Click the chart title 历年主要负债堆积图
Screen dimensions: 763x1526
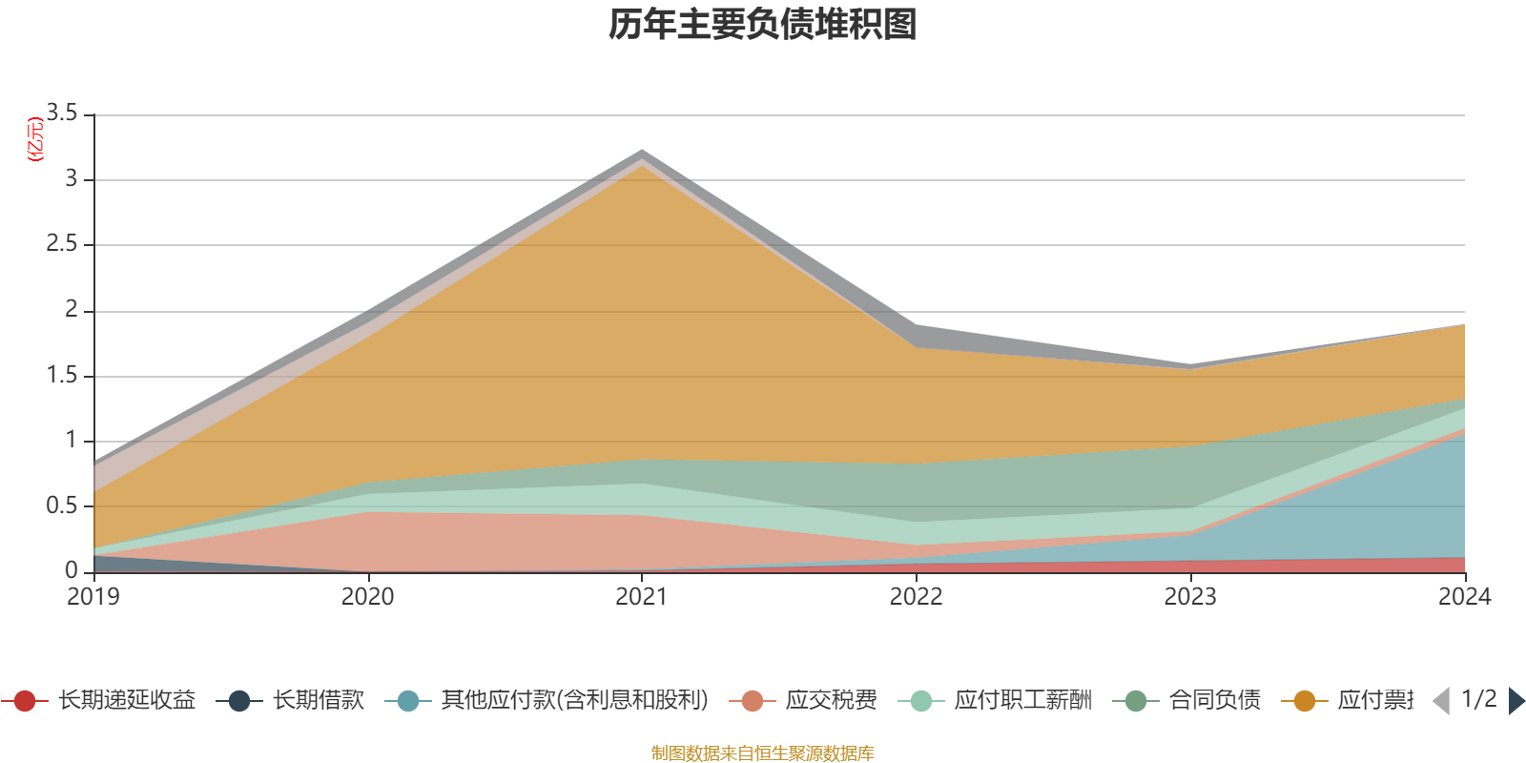tap(763, 25)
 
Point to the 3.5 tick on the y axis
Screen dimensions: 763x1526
tap(63, 113)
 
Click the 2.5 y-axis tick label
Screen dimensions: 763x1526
tap(63, 244)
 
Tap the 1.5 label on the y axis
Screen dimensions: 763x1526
tap(63, 375)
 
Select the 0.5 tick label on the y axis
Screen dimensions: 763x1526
tap(63, 505)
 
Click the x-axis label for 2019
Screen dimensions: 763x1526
tap(93, 597)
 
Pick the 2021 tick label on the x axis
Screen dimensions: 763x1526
tap(642, 597)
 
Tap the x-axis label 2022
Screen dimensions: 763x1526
tap(916, 597)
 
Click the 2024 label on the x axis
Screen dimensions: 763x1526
tap(1464, 597)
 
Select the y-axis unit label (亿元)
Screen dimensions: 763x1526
tap(35, 139)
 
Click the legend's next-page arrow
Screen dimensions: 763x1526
tap(1516, 701)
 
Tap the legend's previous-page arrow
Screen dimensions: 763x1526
tap(1441, 701)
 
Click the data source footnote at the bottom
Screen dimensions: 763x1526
tap(763, 753)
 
